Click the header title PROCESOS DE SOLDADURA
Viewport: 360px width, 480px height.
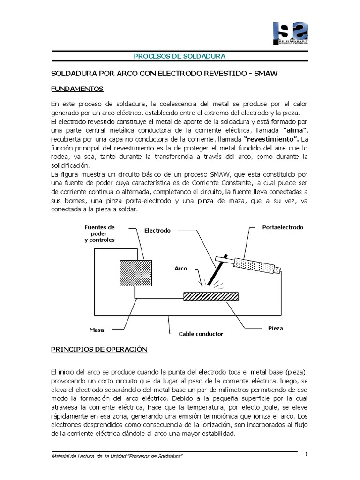click(180, 56)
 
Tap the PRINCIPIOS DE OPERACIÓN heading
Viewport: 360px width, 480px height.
click(98, 350)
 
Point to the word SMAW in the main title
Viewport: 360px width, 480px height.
click(268, 75)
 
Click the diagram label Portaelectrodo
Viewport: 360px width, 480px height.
click(283, 227)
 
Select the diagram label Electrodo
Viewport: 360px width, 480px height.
click(157, 231)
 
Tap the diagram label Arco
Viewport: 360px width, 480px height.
click(180, 269)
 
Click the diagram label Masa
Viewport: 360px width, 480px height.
click(96, 330)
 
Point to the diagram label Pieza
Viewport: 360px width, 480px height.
click(276, 328)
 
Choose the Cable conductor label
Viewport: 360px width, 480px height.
click(201, 334)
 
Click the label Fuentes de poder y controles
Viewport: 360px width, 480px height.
click(99, 233)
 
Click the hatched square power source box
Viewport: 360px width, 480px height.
click(135, 274)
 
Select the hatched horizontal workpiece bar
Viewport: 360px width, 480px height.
click(210, 296)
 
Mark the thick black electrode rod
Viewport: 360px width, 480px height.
click(217, 271)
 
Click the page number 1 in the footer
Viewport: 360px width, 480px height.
click(306, 454)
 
